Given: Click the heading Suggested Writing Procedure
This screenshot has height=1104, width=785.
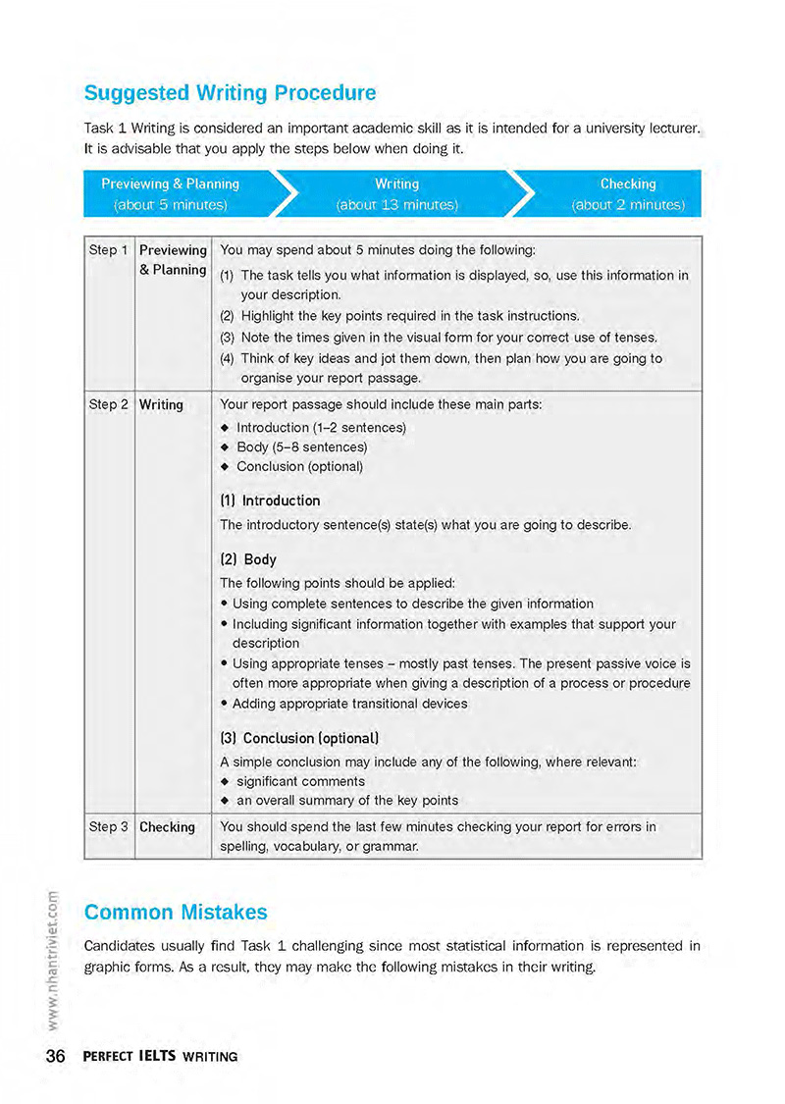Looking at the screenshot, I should tap(230, 93).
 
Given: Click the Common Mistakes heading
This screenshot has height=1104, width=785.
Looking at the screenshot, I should tap(176, 912).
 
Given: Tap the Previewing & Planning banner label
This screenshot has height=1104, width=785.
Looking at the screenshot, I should tap(171, 184).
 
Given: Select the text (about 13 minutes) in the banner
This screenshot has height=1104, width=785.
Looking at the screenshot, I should tap(396, 205).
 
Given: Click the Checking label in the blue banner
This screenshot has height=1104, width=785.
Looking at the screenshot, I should tap(628, 184).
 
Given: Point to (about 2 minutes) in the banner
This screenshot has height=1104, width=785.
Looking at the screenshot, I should tap(628, 205).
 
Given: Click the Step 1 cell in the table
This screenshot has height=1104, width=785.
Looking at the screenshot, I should tap(109, 250).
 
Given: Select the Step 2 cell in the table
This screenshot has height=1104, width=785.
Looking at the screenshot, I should tap(109, 404).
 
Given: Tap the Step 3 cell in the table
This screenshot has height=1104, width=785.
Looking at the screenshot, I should tap(109, 827).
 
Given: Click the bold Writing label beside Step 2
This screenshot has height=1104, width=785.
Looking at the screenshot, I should tap(161, 404).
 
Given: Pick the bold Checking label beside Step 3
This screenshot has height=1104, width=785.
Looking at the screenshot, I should tap(167, 827).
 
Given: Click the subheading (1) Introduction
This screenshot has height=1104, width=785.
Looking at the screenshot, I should tap(270, 500).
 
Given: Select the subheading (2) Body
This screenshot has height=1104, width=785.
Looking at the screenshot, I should tap(248, 560).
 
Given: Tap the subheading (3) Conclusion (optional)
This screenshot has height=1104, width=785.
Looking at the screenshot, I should tap(299, 738).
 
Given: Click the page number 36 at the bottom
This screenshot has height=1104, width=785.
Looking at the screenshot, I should tap(55, 1057).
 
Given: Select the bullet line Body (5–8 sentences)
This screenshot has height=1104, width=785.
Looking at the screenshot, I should tap(300, 447).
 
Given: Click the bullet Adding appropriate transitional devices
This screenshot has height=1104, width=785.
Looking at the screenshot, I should tap(349, 704).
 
